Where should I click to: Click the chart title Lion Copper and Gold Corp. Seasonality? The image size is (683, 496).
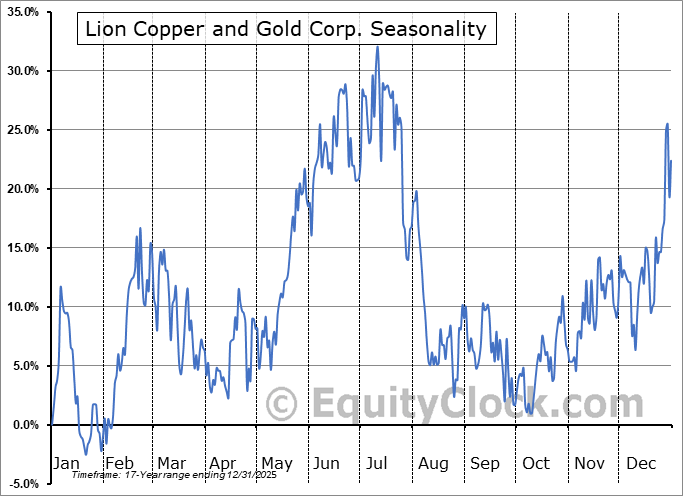point(286,29)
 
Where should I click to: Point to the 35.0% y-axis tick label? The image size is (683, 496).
point(22,12)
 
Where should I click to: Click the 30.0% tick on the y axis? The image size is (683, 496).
point(22,71)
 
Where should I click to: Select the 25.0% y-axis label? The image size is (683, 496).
point(22,130)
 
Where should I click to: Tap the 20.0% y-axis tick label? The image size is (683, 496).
point(22,189)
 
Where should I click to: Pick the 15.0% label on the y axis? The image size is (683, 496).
point(22,248)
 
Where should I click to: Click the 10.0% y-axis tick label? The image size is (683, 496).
point(22,307)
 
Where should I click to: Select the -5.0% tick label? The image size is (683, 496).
point(24,484)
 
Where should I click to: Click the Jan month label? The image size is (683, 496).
point(65,463)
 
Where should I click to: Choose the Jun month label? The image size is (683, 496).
point(327,463)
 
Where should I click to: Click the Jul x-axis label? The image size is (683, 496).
point(378,463)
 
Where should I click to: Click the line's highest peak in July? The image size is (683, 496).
point(377,47)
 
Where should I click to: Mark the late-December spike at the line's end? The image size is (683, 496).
point(667,124)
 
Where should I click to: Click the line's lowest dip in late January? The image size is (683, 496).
point(86,454)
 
